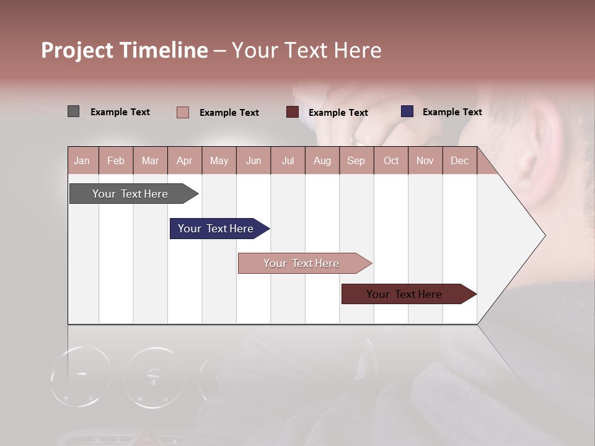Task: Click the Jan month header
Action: click(x=82, y=160)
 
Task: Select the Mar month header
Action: click(x=150, y=160)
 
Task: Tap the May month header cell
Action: click(x=219, y=160)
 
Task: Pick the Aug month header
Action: click(x=322, y=160)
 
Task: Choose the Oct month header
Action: click(x=391, y=160)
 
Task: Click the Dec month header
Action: click(x=459, y=160)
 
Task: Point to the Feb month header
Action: click(x=116, y=160)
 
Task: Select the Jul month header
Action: click(x=288, y=160)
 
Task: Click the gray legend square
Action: click(x=73, y=111)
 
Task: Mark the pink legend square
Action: click(x=183, y=112)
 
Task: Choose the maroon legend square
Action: click(x=293, y=112)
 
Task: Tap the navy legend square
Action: click(x=407, y=111)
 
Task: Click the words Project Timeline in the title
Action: click(x=125, y=50)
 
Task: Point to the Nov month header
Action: click(x=425, y=160)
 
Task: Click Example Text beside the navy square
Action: click(x=452, y=111)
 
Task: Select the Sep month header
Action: click(x=356, y=160)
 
